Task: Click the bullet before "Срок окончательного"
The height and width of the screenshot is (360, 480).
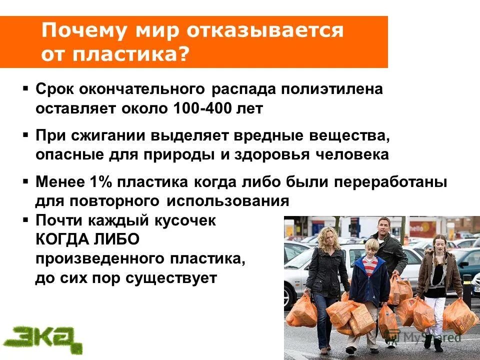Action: [25, 89]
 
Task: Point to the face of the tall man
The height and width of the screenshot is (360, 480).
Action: [383, 229]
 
